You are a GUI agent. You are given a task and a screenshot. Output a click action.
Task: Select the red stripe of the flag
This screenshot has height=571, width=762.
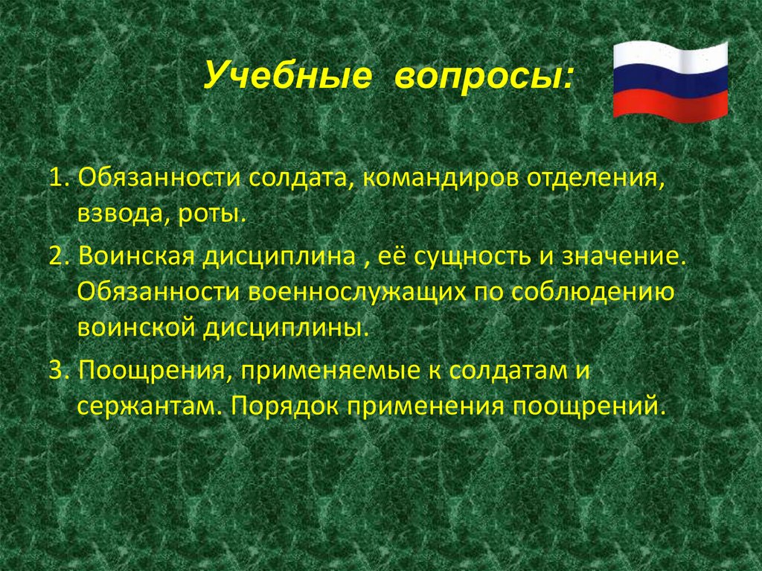click(x=670, y=106)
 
